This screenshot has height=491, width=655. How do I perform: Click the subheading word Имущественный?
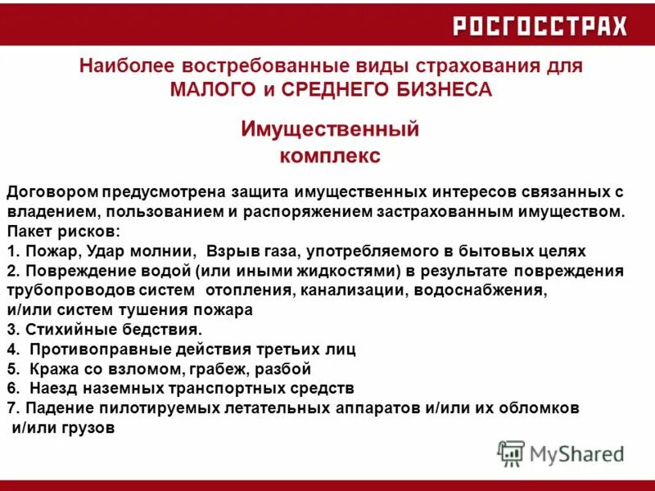[x=330, y=129]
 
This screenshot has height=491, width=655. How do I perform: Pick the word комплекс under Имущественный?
[x=330, y=155]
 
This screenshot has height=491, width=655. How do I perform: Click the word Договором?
[x=53, y=192]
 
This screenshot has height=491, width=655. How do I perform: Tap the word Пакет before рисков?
[x=28, y=232]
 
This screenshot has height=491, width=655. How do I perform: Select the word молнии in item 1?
[x=165, y=251]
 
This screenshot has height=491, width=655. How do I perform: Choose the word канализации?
[x=352, y=291]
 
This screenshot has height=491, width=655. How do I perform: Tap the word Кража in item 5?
[x=50, y=368]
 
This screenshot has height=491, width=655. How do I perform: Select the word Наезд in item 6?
[x=50, y=388]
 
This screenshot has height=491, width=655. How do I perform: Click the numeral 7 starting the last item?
[x=10, y=408]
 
